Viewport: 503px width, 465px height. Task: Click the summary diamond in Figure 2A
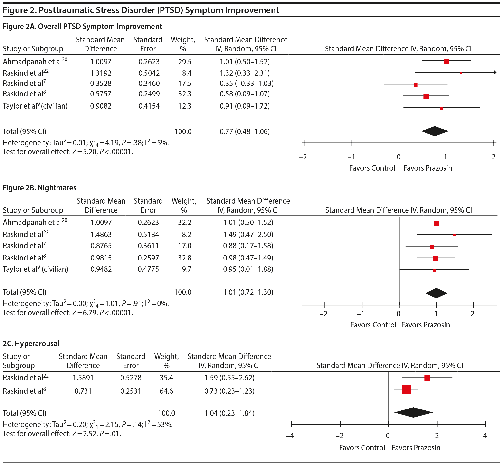[x=435, y=131]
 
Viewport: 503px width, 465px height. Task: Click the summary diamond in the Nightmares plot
[x=436, y=293]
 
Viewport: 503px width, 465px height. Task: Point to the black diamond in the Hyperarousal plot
[x=413, y=412]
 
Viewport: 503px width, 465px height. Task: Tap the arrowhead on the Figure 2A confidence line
[x=495, y=73]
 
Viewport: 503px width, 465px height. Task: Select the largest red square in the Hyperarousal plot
[x=406, y=390]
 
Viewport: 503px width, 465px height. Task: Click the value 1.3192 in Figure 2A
[x=101, y=73]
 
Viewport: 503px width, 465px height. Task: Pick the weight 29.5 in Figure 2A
[x=185, y=62]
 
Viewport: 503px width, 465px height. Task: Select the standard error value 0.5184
[x=148, y=234]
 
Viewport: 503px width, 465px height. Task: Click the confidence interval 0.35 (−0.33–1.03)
[x=247, y=84]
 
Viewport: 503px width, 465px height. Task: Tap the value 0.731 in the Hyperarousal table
[x=83, y=391]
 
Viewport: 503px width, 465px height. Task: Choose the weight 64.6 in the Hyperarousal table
[x=166, y=391]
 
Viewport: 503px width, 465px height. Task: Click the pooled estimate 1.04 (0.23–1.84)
[x=229, y=413]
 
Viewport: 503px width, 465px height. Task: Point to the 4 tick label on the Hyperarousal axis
[x=485, y=436]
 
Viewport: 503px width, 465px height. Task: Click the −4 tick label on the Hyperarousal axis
[x=290, y=436]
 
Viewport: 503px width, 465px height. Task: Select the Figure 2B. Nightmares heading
[x=39, y=188]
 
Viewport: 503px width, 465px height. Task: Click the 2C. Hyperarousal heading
[x=31, y=344]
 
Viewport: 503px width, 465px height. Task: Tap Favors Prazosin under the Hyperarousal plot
[x=416, y=448]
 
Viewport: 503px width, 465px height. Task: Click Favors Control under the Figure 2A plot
[x=372, y=168]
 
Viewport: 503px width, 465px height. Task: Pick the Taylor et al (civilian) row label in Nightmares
[x=36, y=269]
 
